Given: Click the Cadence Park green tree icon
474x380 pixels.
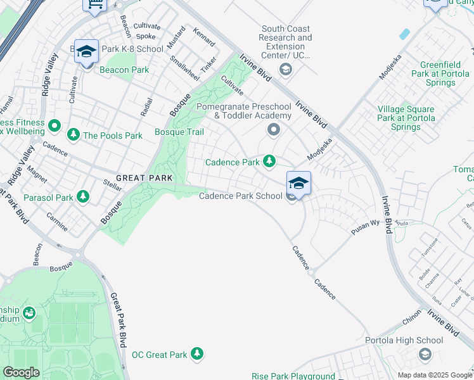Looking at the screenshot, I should click(269, 162).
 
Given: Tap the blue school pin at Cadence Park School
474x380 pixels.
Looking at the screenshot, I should click(298, 182).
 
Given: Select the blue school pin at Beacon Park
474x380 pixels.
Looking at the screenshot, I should click(86, 51).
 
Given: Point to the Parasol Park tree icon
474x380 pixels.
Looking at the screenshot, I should click(82, 198).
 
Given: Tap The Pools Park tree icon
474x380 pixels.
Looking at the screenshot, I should click(74, 135).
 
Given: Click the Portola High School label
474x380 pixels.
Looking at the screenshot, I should click(404, 340).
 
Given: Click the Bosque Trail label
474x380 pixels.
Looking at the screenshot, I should click(179, 132).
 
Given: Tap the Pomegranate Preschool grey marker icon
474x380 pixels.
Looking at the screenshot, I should click(274, 130).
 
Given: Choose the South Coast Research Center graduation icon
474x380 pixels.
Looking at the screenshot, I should click(285, 68).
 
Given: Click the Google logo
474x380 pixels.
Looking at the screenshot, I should click(21, 372).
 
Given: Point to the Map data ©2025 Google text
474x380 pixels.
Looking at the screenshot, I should click(434, 375).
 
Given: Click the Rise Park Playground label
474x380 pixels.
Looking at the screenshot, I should click(293, 376).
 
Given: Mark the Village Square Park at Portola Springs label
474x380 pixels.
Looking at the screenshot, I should click(406, 118).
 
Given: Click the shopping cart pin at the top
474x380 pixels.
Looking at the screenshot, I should click(95, 4).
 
